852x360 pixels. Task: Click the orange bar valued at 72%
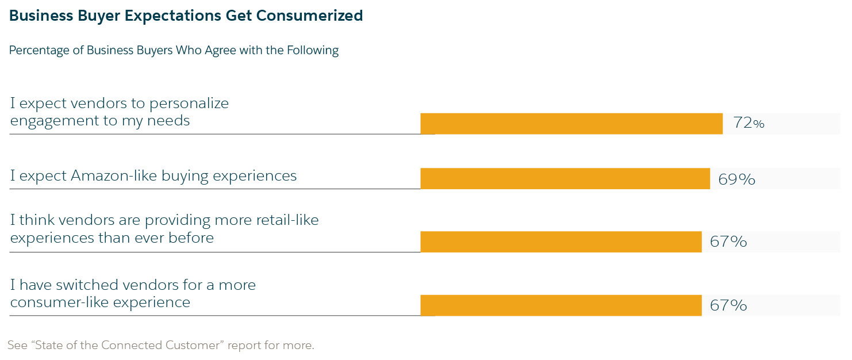coord(571,124)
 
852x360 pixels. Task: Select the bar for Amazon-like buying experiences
coord(565,178)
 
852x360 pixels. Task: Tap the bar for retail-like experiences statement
coord(561,242)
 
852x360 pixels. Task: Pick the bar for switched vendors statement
coord(561,305)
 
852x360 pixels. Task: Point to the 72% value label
coord(749,123)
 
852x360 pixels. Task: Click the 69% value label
coord(736,179)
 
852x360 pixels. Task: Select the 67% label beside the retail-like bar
coord(728,242)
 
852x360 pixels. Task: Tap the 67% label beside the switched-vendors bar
coord(728,305)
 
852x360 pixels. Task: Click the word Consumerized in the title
coord(309,16)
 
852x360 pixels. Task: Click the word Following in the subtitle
coord(313,51)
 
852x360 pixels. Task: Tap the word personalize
coord(189,104)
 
